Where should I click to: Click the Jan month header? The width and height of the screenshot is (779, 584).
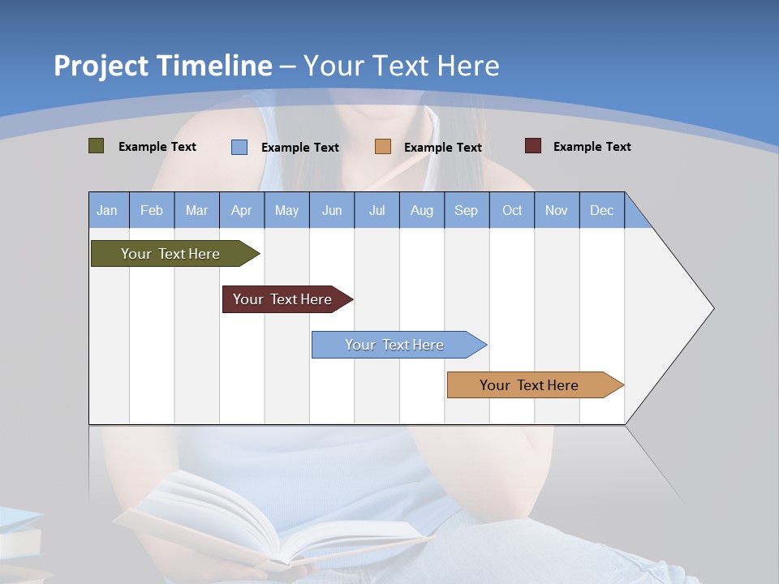click(x=108, y=210)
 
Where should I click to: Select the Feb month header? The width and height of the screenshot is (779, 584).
click(x=152, y=210)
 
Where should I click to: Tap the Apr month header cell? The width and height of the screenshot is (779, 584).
click(x=241, y=210)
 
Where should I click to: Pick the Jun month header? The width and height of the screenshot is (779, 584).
click(x=332, y=210)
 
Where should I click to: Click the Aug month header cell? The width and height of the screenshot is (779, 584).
click(x=422, y=210)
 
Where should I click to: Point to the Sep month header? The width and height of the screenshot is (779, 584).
click(x=467, y=210)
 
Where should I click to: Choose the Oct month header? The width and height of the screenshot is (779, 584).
click(x=512, y=210)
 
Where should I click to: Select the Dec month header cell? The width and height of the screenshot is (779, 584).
click(x=602, y=210)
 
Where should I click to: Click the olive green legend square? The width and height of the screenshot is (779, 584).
click(x=97, y=146)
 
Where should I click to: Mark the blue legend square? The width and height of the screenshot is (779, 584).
click(x=239, y=147)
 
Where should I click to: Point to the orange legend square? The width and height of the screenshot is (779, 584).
click(x=383, y=147)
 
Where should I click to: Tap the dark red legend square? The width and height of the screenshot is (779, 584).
click(x=533, y=146)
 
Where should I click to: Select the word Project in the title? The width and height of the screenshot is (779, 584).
click(x=101, y=67)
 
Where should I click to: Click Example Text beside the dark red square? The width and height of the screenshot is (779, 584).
click(x=592, y=147)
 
